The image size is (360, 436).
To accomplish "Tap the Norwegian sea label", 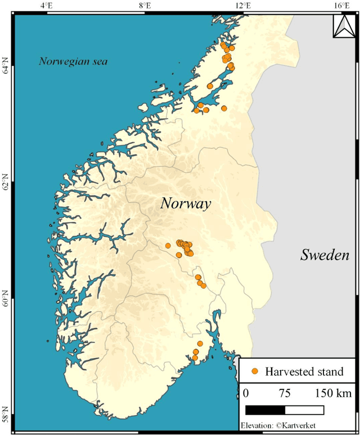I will (x=73, y=61).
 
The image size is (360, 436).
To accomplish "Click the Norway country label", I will (x=186, y=203).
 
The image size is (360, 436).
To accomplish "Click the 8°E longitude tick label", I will (x=145, y=6).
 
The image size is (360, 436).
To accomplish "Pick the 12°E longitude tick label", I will (x=242, y=6).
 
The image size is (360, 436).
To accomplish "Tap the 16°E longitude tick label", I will (x=341, y=6).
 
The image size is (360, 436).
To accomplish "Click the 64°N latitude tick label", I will (x=6, y=70).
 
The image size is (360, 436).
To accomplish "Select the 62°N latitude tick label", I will (x=6, y=186).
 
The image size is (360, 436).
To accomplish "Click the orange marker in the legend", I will (x=255, y=371).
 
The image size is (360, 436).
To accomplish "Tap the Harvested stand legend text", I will (x=304, y=371).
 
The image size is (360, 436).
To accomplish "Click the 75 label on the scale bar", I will (x=285, y=392).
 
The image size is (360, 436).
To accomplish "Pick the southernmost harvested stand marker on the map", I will (x=195, y=358).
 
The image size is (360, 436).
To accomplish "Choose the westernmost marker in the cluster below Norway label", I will (x=168, y=245).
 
